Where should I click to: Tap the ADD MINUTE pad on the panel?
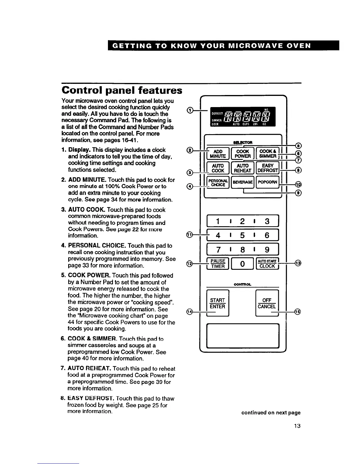coord(218,154)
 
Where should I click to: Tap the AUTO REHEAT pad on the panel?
coord(243,168)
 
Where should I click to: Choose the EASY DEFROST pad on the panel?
coord(268,168)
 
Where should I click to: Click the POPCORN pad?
coord(268,182)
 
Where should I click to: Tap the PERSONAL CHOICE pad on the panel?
coord(218,182)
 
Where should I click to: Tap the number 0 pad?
coord(243,264)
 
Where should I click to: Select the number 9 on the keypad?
coord(267,250)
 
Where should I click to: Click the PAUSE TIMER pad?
coord(218,264)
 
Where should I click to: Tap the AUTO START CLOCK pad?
coord(267,264)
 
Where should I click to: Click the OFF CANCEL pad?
coord(267,303)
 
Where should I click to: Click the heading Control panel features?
coord(122,90)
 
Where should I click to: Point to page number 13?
coord(297,426)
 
